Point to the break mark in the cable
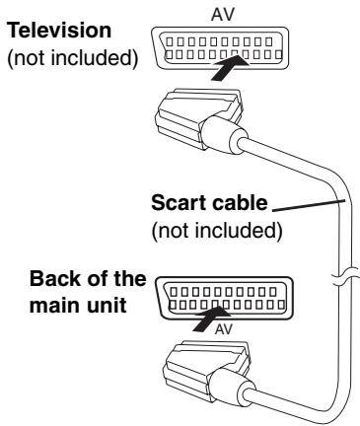(x=340, y=277)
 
